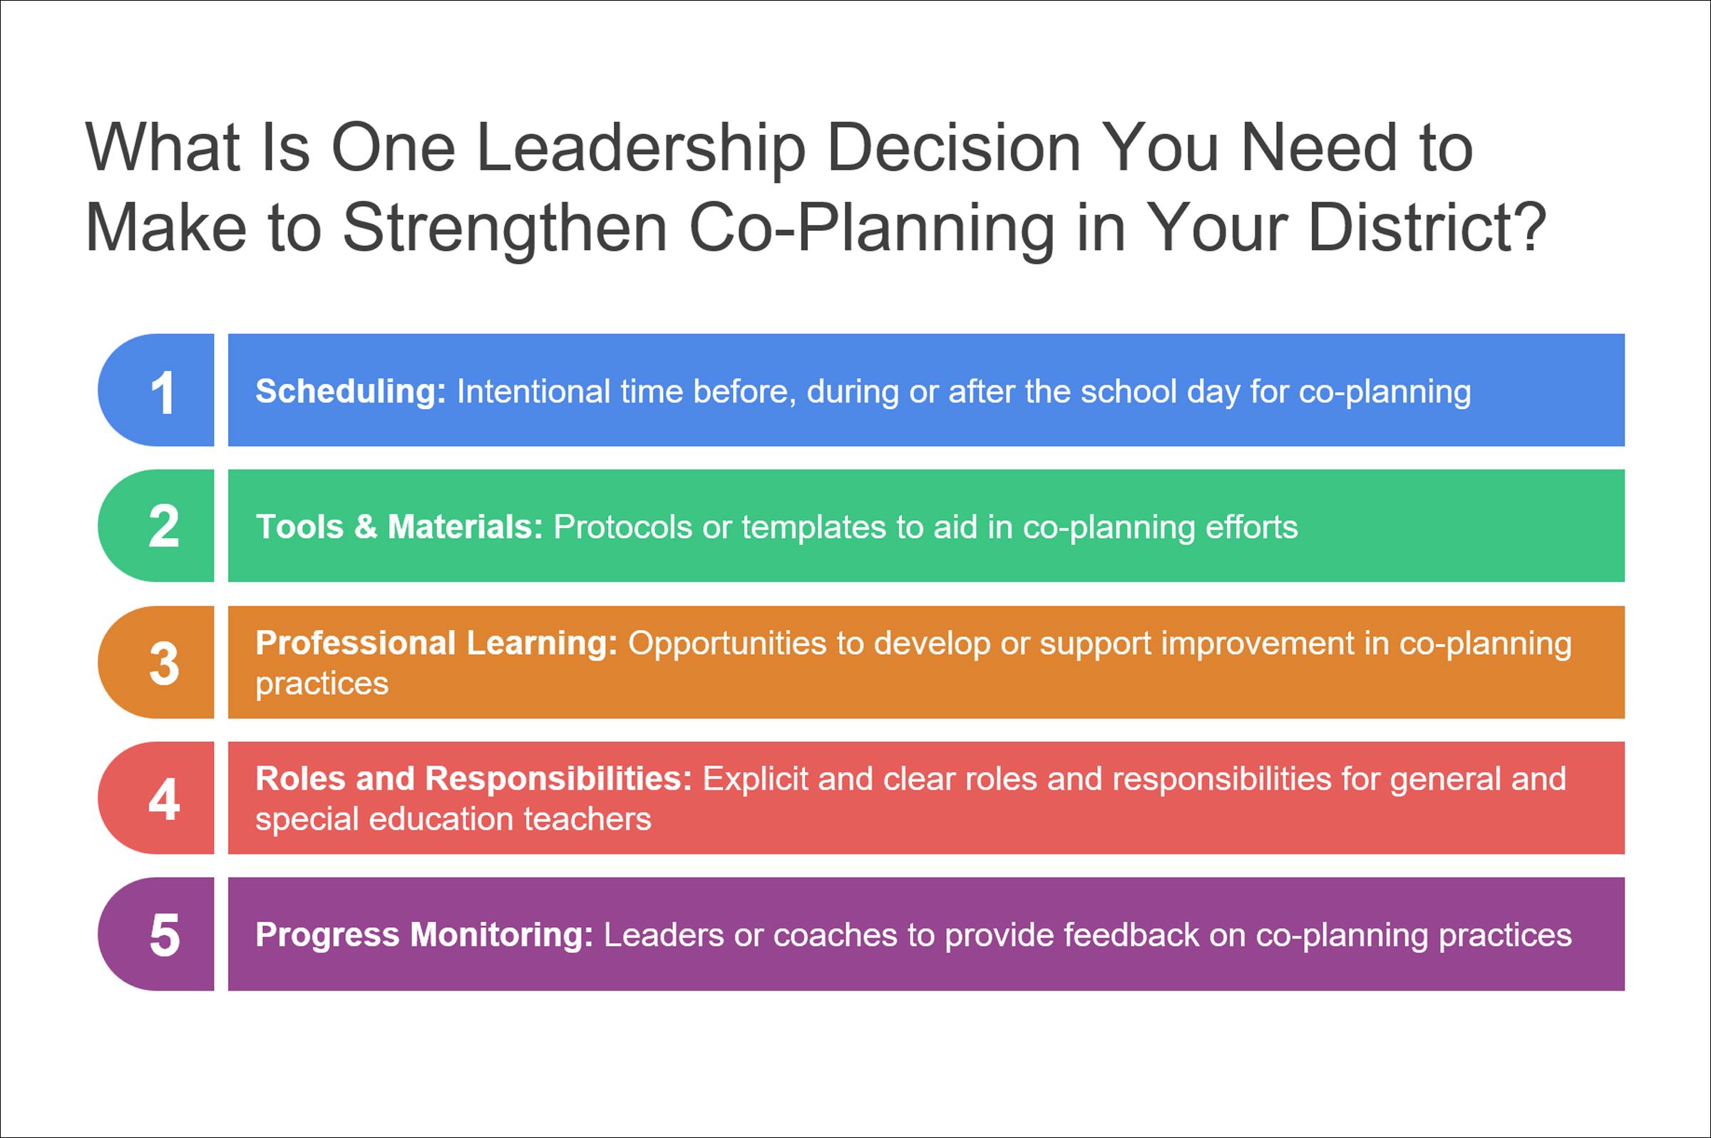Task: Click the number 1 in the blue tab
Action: click(x=163, y=393)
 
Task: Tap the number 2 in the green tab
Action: click(x=163, y=527)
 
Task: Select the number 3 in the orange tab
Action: click(x=164, y=663)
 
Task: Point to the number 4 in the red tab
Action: click(x=164, y=799)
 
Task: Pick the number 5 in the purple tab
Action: click(x=165, y=935)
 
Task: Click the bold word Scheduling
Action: click(x=351, y=392)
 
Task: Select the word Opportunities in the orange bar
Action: click(x=726, y=644)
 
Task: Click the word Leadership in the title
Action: click(x=641, y=148)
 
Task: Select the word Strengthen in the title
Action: click(x=505, y=228)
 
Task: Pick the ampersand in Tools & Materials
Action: click(x=366, y=527)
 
